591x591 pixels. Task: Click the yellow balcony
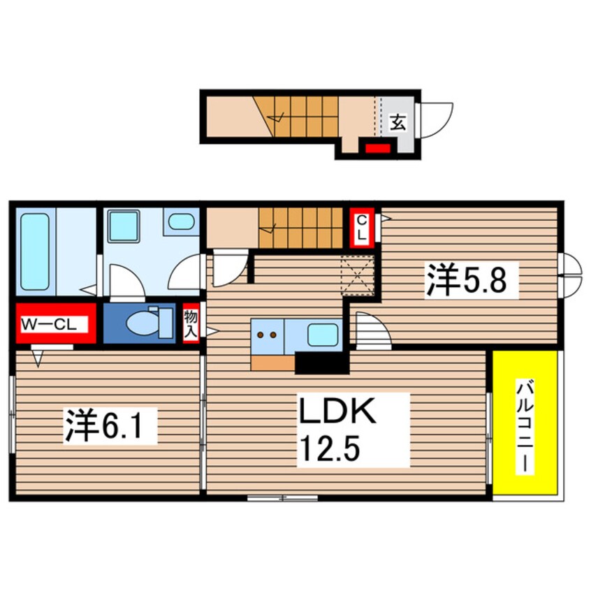pyautogui.click(x=525, y=425)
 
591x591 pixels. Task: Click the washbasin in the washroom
pyautogui.click(x=182, y=222)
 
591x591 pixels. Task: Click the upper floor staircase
pyautogui.click(x=301, y=228)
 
